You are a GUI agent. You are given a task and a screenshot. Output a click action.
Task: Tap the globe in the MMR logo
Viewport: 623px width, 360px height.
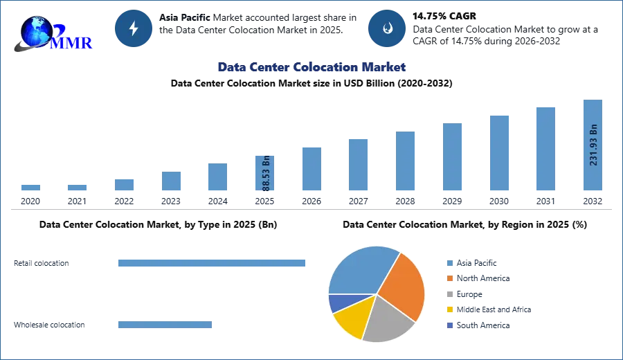(x=36, y=31)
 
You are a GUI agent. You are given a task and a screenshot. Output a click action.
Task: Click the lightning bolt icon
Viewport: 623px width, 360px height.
(x=134, y=28)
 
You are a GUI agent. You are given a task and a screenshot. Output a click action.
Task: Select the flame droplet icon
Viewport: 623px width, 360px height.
(x=387, y=28)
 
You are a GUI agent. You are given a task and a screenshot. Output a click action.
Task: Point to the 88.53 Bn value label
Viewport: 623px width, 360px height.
(x=266, y=176)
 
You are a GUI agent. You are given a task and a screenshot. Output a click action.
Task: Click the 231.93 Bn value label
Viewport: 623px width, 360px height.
(x=593, y=145)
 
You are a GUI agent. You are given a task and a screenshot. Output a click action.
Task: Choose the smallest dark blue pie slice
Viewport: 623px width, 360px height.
(x=339, y=303)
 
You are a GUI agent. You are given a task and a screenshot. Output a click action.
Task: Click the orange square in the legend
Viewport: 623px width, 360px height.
(x=449, y=278)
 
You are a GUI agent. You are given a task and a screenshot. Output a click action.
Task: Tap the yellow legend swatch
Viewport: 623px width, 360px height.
(x=449, y=309)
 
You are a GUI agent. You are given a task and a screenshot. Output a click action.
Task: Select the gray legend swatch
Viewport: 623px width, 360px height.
(x=449, y=294)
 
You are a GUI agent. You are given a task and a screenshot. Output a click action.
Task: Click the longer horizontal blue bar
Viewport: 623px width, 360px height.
(x=213, y=263)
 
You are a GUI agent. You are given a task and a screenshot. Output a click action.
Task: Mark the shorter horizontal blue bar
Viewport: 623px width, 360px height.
(x=166, y=326)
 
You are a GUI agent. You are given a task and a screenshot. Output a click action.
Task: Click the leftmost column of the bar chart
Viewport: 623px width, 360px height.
(x=30, y=188)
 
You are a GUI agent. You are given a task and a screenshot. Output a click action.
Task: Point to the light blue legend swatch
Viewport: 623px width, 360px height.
(x=449, y=262)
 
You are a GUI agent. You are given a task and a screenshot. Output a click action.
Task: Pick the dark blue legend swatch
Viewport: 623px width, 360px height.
(x=449, y=325)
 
